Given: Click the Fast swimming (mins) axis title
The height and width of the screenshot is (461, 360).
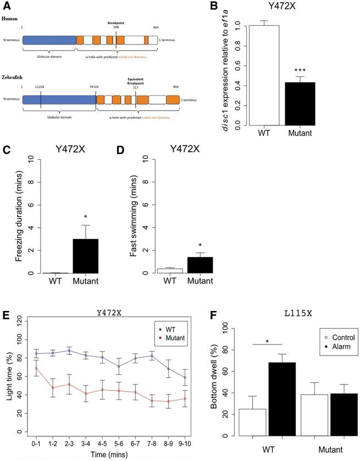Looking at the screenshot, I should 132,220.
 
